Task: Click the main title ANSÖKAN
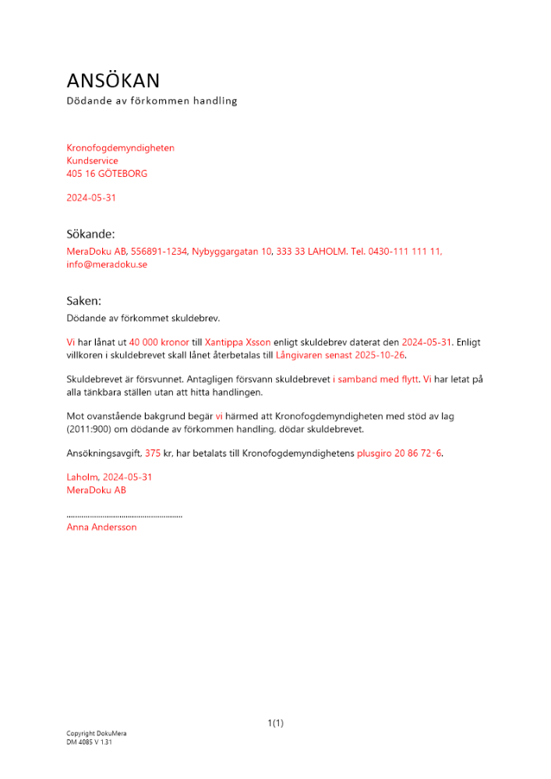pyautogui.click(x=113, y=80)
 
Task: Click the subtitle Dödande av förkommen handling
pyautogui.click(x=151, y=101)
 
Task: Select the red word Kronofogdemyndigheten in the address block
pyautogui.click(x=120, y=148)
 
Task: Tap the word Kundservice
pyautogui.click(x=92, y=161)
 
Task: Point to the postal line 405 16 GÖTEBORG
pyautogui.click(x=107, y=174)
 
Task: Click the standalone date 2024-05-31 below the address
pyautogui.click(x=91, y=198)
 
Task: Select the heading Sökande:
pyautogui.click(x=90, y=234)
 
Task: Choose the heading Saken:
pyautogui.click(x=84, y=301)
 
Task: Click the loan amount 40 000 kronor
pyautogui.click(x=159, y=342)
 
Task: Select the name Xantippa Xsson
pyautogui.click(x=238, y=342)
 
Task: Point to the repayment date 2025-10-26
pyautogui.click(x=380, y=355)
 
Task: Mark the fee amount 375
pyautogui.click(x=153, y=453)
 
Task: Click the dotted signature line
pyautogui.click(x=125, y=516)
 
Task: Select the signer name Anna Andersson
pyautogui.click(x=101, y=527)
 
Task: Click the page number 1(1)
pyautogui.click(x=275, y=724)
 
